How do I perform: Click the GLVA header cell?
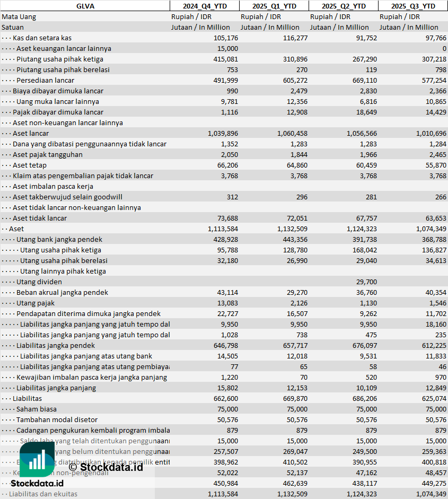click(85, 6)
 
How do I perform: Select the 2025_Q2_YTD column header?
click(344, 6)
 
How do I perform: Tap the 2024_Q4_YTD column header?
click(204, 6)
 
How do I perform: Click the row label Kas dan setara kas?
click(42, 38)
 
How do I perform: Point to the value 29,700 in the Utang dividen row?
click(366, 282)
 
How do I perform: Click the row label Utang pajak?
click(36, 303)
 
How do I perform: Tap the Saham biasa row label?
click(37, 409)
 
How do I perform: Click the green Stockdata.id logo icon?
click(37, 459)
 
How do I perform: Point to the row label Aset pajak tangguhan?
click(48, 154)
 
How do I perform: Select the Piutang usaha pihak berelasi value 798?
click(440, 69)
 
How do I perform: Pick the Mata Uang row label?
click(19, 16)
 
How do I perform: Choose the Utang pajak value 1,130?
click(368, 303)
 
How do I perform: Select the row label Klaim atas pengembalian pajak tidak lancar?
click(83, 176)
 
